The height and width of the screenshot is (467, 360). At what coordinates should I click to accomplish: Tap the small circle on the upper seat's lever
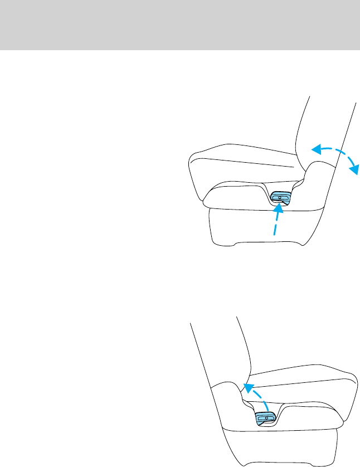pos(281,197)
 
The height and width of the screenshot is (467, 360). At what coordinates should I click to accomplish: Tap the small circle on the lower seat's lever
pos(267,417)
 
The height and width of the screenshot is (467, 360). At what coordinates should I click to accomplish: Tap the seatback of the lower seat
pos(217,357)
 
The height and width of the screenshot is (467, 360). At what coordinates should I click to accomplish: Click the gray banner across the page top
pos(180,25)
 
